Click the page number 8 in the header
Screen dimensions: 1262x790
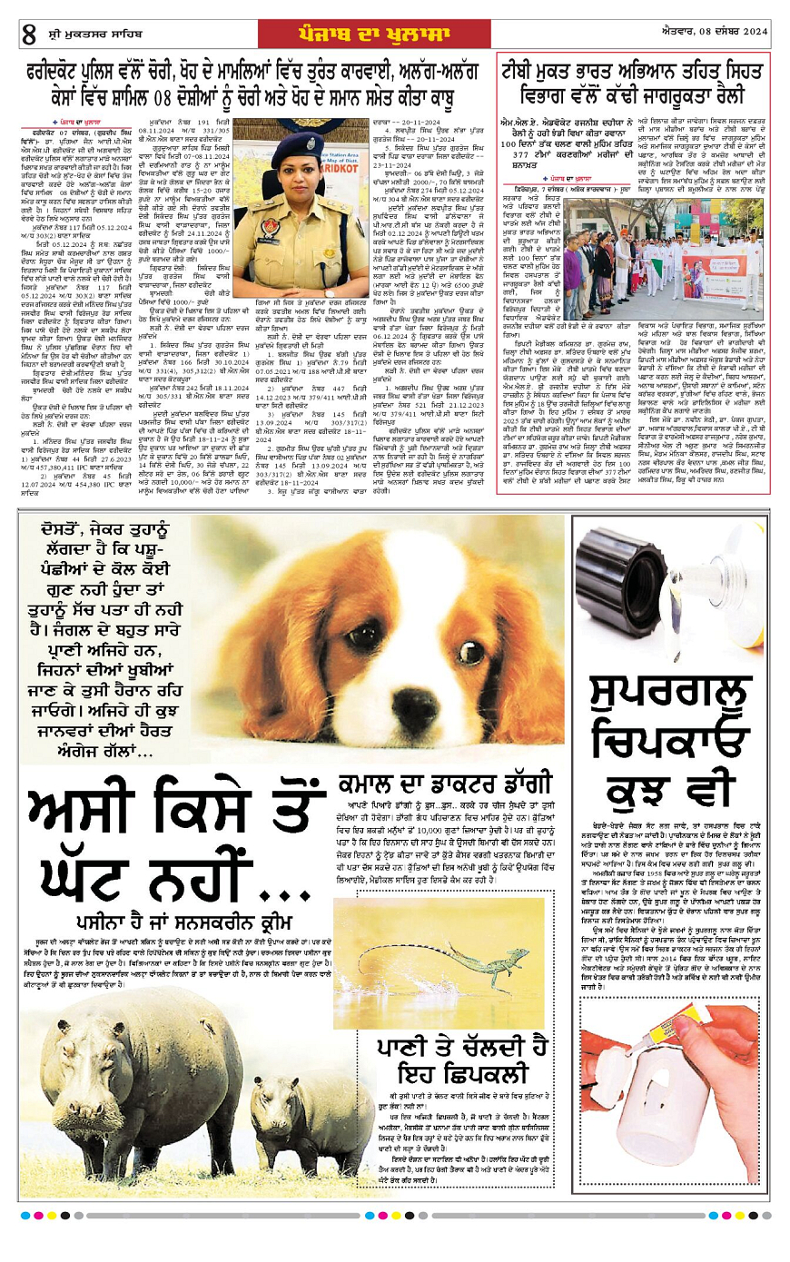pos(30,35)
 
